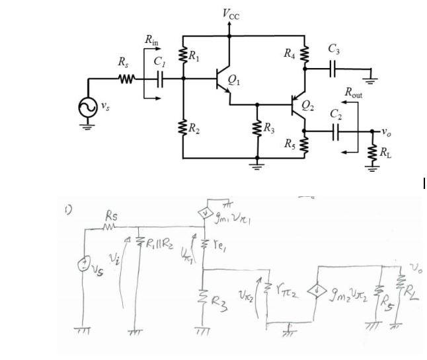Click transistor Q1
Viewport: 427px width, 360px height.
(x=223, y=79)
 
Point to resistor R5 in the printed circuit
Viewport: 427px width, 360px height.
(x=305, y=144)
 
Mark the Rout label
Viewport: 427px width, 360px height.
(x=357, y=92)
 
